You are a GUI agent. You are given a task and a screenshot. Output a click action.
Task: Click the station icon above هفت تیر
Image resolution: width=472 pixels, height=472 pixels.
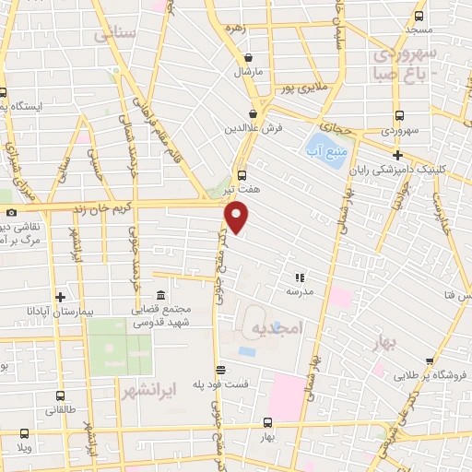point(242,174)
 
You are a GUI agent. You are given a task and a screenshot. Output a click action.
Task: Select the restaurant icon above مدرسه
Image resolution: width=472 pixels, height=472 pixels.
point(299,277)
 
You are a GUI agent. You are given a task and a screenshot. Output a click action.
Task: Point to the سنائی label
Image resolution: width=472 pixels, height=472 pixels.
point(116,33)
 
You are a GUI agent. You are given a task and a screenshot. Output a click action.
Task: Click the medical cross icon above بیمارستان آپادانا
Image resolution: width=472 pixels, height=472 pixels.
point(60,297)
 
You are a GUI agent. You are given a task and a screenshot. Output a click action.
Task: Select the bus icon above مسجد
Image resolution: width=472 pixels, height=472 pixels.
point(419,16)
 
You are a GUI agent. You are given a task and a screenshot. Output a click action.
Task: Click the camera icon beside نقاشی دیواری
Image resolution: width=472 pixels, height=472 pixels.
point(11,211)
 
